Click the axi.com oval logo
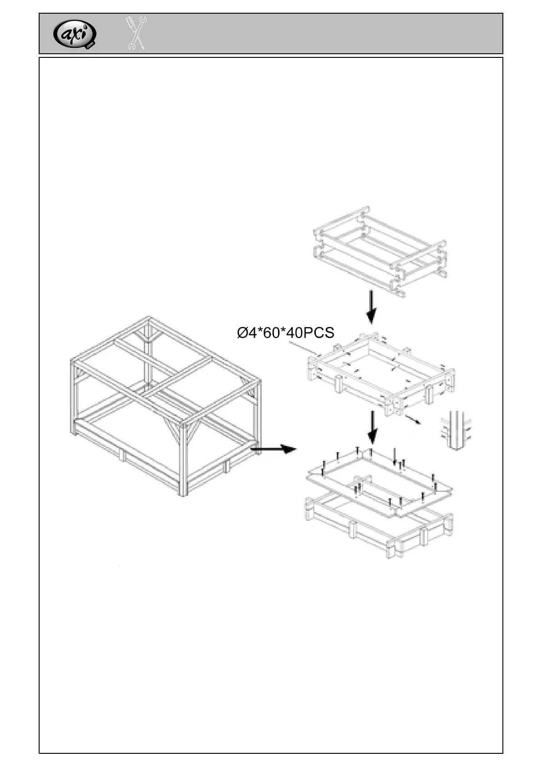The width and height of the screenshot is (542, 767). (x=75, y=34)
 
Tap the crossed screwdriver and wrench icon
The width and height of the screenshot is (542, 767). (x=136, y=33)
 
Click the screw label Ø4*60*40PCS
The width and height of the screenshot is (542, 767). (x=285, y=332)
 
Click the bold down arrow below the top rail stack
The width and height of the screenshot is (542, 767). (x=372, y=307)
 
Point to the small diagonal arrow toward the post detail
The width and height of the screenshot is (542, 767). (x=412, y=419)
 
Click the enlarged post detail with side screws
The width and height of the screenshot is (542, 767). (x=456, y=430)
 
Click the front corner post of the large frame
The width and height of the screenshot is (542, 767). (x=183, y=460)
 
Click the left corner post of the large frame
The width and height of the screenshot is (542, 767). (x=73, y=396)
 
